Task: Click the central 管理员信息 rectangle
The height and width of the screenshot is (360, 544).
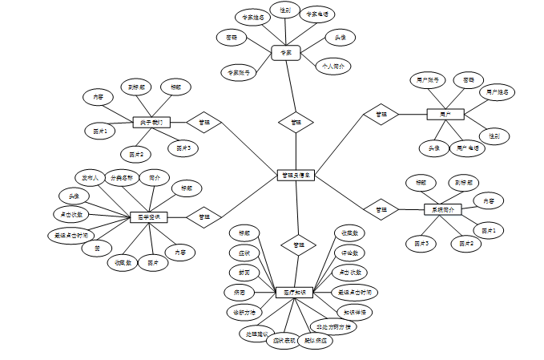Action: pyautogui.click(x=296, y=175)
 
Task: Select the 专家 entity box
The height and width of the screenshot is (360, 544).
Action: pyautogui.click(x=286, y=52)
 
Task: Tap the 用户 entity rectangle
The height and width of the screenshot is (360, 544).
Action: pyautogui.click(x=445, y=115)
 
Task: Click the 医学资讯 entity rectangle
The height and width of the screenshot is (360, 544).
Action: pyautogui.click(x=148, y=216)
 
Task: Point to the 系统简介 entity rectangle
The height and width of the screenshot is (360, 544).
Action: pyautogui.click(x=442, y=209)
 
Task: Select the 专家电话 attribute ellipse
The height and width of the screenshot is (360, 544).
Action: pyautogui.click(x=317, y=14)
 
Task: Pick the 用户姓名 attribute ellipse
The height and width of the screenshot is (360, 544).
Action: pyautogui.click(x=498, y=92)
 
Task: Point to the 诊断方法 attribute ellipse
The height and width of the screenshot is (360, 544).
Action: pyautogui.click(x=244, y=311)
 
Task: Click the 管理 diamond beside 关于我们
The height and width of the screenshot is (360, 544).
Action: pyautogui.click(x=203, y=123)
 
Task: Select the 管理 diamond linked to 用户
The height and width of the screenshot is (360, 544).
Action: pyautogui.click(x=381, y=115)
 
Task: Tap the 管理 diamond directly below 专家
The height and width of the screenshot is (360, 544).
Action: pyautogui.click(x=296, y=123)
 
